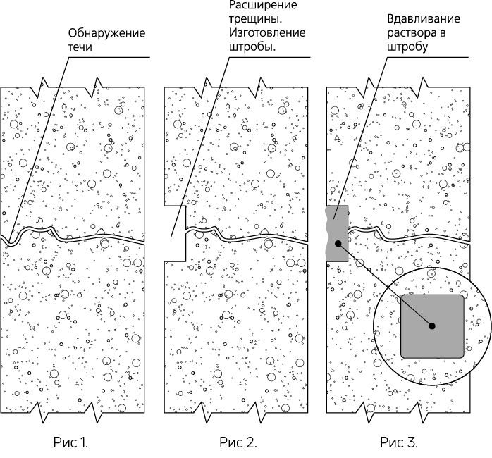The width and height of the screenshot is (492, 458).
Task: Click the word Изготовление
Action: (265, 33)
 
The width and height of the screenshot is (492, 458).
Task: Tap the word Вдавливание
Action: (419, 20)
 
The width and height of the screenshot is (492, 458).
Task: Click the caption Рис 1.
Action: (71, 443)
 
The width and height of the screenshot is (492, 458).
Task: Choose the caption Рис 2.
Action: (238, 443)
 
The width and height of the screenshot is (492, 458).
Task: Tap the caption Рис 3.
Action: (399, 443)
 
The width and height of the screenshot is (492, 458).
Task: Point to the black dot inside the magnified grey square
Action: (432, 326)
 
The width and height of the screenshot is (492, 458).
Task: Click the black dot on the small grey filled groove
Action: (338, 244)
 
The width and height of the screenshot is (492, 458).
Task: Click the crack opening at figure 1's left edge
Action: (4, 240)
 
